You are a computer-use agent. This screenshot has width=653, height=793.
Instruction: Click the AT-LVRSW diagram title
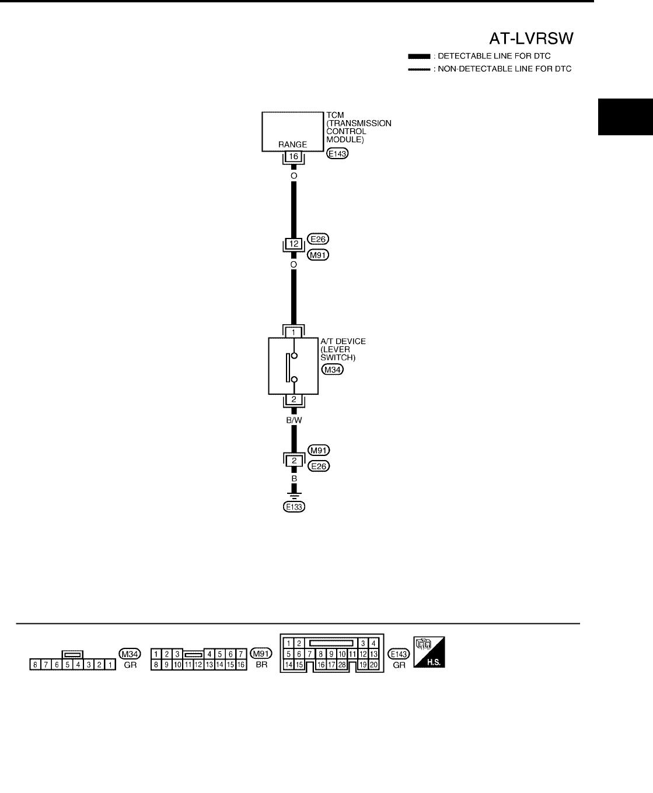[x=531, y=38]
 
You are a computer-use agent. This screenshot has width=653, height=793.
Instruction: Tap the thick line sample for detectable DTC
[x=419, y=57]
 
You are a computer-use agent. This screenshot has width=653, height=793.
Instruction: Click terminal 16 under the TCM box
[x=294, y=157]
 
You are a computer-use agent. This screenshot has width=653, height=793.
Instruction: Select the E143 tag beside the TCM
[x=337, y=155]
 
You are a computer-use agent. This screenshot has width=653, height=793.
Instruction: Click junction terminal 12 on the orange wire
[x=294, y=244]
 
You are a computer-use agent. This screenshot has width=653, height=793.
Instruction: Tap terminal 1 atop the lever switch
[x=294, y=332]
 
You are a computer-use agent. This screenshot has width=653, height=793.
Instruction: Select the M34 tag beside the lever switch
[x=332, y=369]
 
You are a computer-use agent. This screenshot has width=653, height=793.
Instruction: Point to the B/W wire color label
[x=294, y=417]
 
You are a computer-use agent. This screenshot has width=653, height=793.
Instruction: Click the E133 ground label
[x=294, y=507]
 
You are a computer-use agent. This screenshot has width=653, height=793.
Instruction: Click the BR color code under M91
[x=261, y=665]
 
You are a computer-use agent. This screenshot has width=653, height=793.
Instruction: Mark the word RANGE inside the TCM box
[x=292, y=145]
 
